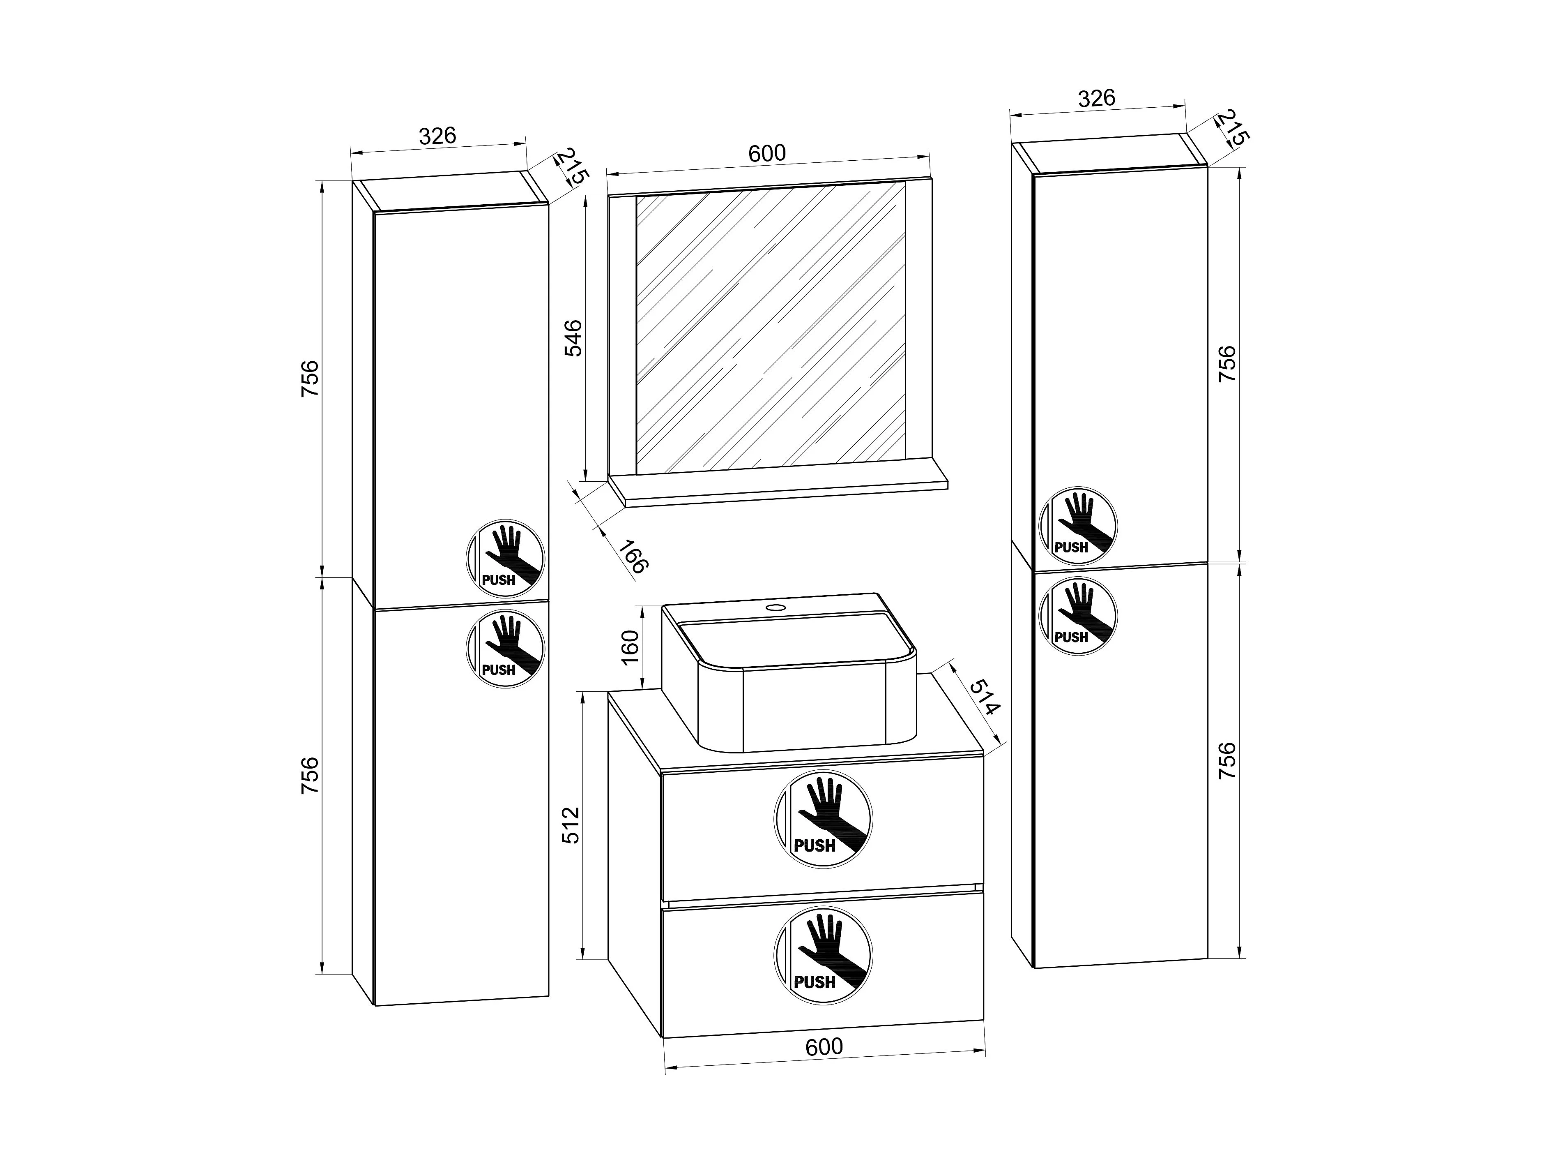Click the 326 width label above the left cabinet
pos(437,135)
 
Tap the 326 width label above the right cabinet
pos(1097,98)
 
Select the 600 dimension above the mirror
pos(767,153)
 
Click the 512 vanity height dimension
pos(571,825)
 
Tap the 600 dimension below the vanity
pos(824,1067)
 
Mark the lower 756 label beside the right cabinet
pos(1227,761)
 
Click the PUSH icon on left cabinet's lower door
pos(506,648)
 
